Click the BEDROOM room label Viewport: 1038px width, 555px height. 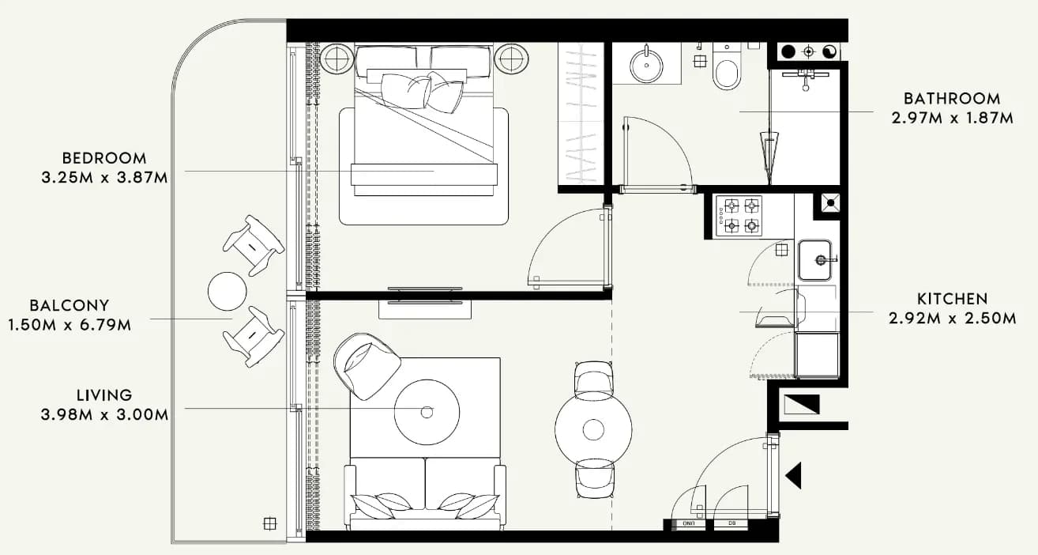click(x=104, y=158)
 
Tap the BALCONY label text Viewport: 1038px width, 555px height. click(x=70, y=305)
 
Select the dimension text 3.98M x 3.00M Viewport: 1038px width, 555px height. click(x=104, y=414)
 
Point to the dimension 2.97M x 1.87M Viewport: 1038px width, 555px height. click(x=952, y=118)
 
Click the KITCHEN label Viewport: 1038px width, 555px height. click(x=952, y=299)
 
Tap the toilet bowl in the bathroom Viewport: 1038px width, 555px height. click(x=727, y=72)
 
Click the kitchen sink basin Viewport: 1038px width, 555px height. click(x=814, y=260)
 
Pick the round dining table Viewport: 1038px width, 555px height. click(x=593, y=429)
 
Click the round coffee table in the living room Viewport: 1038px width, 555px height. click(x=427, y=412)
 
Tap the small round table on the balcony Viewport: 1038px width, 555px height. click(x=227, y=291)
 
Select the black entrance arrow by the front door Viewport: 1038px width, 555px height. click(x=794, y=475)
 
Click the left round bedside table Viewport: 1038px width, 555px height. click(x=337, y=59)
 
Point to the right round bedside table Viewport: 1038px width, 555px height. click(x=511, y=59)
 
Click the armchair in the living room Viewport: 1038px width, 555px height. click(x=367, y=365)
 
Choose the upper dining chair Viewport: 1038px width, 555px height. click(x=593, y=378)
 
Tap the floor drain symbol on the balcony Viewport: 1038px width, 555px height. click(x=269, y=523)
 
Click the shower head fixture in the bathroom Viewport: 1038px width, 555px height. click(x=806, y=78)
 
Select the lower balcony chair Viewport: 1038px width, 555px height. click(x=253, y=337)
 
